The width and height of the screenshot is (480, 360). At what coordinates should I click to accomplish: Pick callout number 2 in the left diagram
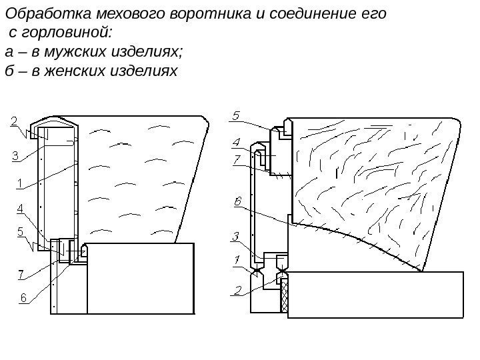14,122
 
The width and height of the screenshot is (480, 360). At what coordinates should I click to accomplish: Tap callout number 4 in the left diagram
20,209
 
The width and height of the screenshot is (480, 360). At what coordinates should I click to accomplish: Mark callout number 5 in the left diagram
20,232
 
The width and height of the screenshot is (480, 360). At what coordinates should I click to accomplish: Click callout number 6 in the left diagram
23,298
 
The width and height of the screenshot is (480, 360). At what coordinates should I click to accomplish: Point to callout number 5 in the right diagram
236,115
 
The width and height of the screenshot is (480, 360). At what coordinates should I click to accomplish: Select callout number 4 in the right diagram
236,142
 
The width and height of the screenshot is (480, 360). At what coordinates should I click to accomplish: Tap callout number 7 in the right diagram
236,159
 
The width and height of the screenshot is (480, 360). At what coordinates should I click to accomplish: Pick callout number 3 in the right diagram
236,236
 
